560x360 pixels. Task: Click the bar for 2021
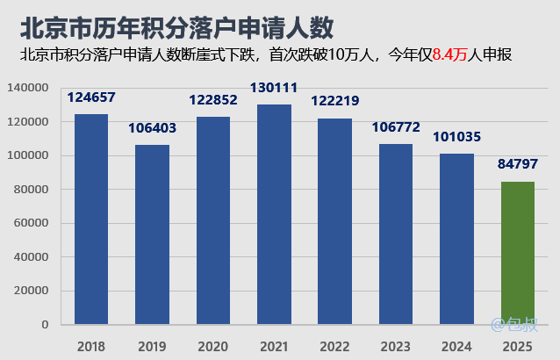tap(274, 214)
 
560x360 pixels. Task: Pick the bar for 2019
tap(152, 234)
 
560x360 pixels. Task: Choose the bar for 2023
tap(396, 234)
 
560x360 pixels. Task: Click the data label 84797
tap(518, 165)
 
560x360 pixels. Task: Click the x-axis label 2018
tap(91, 346)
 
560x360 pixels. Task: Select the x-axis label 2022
tap(335, 346)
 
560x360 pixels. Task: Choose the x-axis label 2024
tap(457, 346)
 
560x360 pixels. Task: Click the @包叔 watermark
tap(513, 325)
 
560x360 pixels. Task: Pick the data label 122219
tap(335, 100)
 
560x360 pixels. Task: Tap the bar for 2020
tap(213, 220)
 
